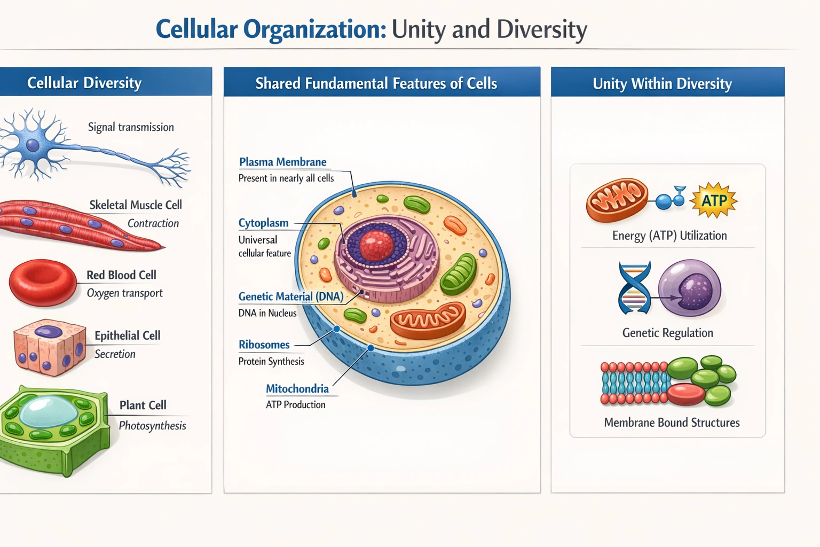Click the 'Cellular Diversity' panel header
tap(84, 83)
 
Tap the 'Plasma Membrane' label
tap(282, 162)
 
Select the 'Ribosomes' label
tap(264, 345)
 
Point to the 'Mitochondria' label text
tap(297, 388)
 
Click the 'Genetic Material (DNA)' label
tap(290, 296)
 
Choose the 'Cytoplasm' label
tap(263, 223)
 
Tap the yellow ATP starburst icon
tap(714, 200)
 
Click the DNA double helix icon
tap(634, 288)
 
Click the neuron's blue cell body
tap(33, 145)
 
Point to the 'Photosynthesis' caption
tap(152, 426)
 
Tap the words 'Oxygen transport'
tap(124, 293)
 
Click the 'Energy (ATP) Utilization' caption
tap(669, 236)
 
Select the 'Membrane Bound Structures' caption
tap(672, 423)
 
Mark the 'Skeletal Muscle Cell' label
tap(136, 205)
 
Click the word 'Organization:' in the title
tap(314, 29)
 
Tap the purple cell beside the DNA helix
tap(690, 289)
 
